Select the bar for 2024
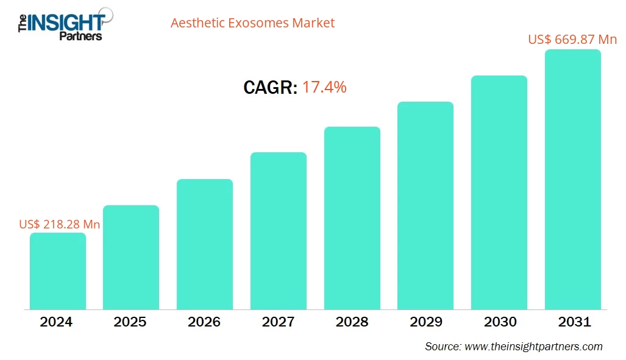point(58,271)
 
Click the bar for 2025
point(131,257)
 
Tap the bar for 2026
point(205,244)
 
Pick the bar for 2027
point(279,231)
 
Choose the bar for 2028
point(352,218)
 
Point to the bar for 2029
point(425,205)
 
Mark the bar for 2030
point(499,192)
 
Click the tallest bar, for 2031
point(573,180)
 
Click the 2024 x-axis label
point(57,322)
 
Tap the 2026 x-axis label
point(205,322)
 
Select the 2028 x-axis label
point(352,322)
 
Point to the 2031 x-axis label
point(573,322)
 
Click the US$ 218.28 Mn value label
point(60,224)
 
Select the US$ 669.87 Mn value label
point(572,40)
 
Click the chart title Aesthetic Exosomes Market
point(252,23)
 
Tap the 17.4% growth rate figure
point(324,87)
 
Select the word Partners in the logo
point(80,36)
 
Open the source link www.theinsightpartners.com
point(533,347)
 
